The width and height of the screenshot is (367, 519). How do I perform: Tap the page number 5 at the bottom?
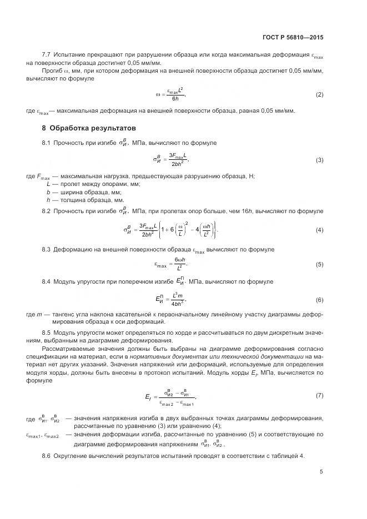[321, 472]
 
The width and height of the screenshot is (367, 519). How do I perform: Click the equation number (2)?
[319, 95]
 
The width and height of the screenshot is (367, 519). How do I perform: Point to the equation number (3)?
[319, 160]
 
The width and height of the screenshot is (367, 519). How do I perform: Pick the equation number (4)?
[319, 229]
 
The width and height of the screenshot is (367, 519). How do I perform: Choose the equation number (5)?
[319, 264]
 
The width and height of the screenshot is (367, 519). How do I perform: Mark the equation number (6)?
[319, 300]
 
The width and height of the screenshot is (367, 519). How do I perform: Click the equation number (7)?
[319, 395]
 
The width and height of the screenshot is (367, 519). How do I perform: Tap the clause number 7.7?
[47, 55]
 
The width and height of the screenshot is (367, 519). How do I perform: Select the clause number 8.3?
[47, 249]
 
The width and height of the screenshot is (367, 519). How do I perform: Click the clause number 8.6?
[47, 456]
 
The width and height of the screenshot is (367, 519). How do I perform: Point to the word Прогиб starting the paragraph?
[53, 71]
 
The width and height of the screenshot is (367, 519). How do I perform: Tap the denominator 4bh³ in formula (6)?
[178, 304]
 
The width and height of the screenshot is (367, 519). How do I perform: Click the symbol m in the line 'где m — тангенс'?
[39, 314]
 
